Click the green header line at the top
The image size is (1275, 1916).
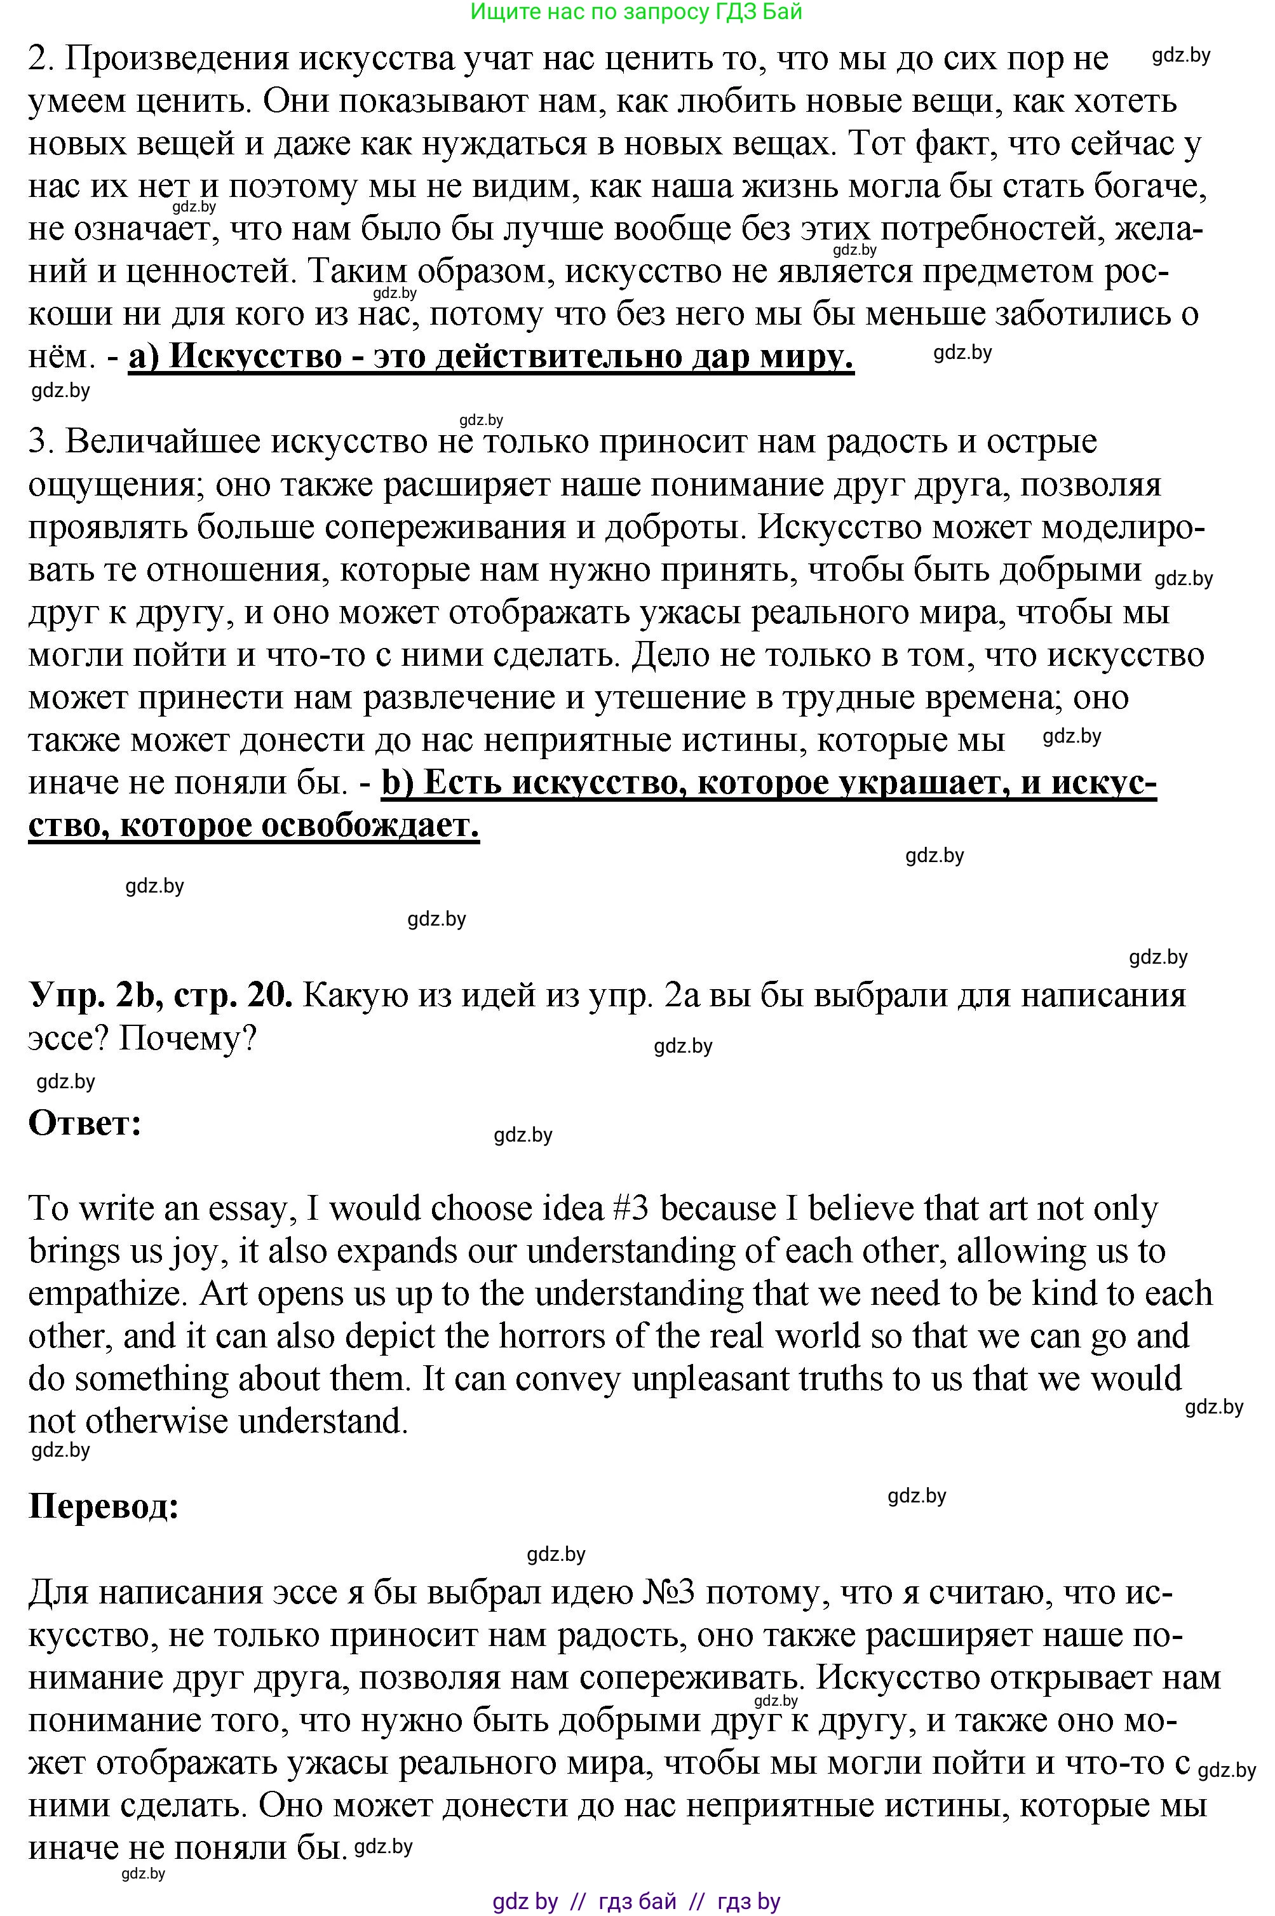(636, 11)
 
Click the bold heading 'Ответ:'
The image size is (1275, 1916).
(84, 1124)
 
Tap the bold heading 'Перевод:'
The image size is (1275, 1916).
(104, 1506)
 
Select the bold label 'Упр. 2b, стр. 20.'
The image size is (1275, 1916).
(160, 995)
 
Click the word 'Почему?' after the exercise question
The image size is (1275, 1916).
(188, 1038)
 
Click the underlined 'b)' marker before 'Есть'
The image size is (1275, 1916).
(398, 783)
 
